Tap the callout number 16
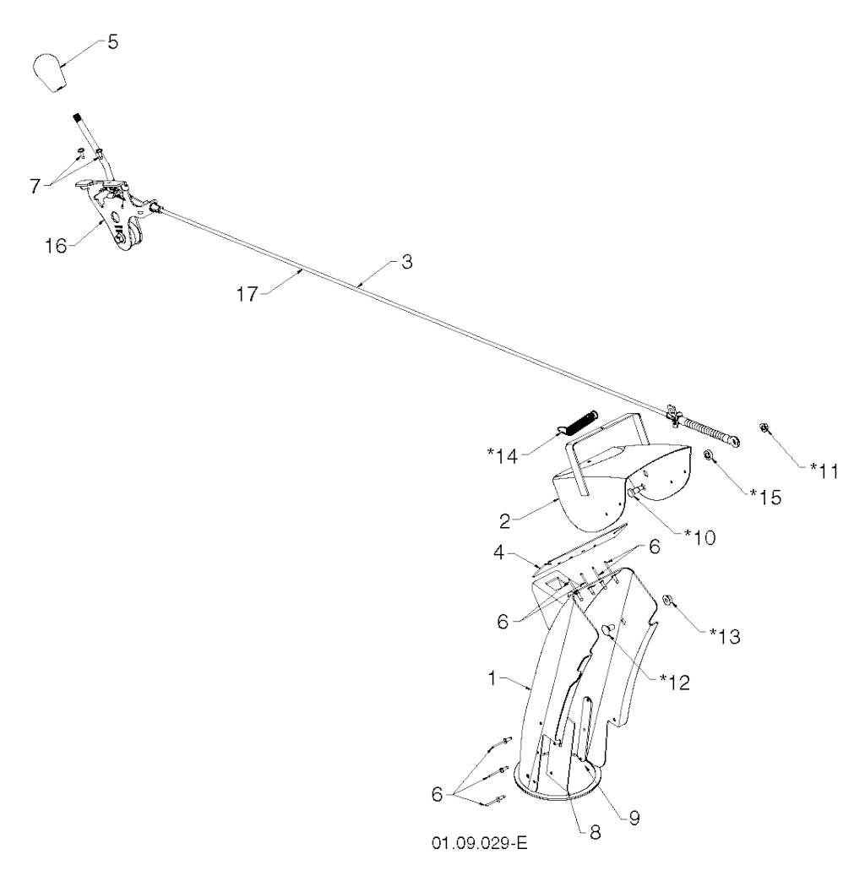click(56, 246)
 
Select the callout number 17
click(248, 294)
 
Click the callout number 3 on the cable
click(407, 262)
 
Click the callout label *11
click(825, 471)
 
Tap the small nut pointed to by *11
click(763, 428)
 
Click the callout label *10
click(701, 537)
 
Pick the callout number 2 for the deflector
click(505, 521)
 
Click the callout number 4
click(499, 552)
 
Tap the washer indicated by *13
click(667, 601)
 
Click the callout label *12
click(676, 682)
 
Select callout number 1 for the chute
click(492, 678)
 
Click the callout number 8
click(595, 832)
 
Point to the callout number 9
click(634, 818)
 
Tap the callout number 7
click(35, 186)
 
